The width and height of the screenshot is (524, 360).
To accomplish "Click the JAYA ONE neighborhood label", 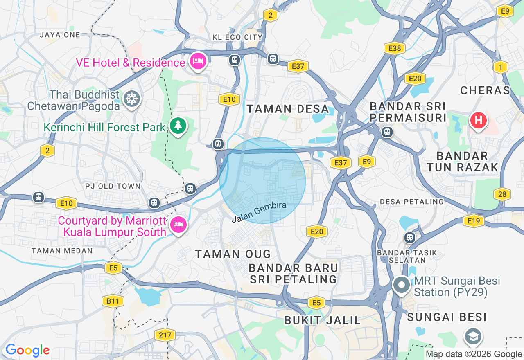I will [60, 35].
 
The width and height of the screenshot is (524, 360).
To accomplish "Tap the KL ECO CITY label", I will [237, 37].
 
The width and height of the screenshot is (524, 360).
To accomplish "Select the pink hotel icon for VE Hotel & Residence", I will [198, 62].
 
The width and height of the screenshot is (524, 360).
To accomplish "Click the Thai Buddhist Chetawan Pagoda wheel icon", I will [131, 99].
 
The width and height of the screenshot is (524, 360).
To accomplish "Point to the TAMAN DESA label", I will [288, 109].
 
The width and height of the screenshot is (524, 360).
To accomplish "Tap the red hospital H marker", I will [478, 121].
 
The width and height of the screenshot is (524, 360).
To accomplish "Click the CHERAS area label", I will [485, 90].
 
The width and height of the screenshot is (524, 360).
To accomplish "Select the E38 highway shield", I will [395, 49].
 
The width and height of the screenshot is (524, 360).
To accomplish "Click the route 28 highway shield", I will [502, 194].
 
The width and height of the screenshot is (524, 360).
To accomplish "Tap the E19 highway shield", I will [474, 221].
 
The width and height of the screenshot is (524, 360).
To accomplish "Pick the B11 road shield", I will [113, 301].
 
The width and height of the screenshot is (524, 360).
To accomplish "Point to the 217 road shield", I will [165, 335].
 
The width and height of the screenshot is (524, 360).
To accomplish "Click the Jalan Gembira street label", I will [259, 212].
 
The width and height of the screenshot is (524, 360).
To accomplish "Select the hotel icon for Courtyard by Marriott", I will [178, 225].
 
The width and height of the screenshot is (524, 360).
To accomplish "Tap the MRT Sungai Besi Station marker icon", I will [402, 285].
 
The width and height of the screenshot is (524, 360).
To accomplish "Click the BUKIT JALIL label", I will [323, 320].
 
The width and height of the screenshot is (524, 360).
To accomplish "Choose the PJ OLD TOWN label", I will [113, 186].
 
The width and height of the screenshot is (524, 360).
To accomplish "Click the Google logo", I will [27, 350].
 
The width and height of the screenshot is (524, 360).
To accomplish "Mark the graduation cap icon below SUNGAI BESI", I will [473, 336].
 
